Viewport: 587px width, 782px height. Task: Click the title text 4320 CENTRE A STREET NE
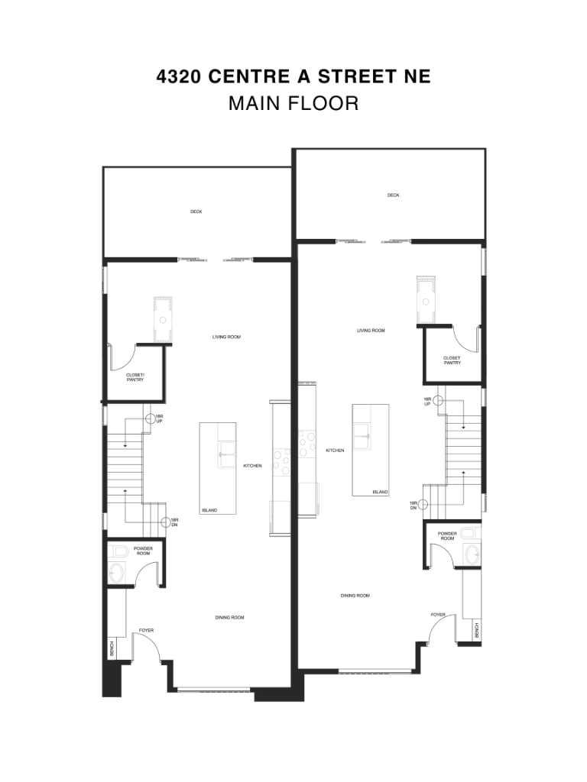pyautogui.click(x=293, y=76)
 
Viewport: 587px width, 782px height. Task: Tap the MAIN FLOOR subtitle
pyautogui.click(x=293, y=103)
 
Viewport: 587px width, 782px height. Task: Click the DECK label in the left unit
pyautogui.click(x=196, y=212)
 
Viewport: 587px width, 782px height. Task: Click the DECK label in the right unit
pyautogui.click(x=393, y=195)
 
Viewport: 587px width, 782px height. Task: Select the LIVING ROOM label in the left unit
pyautogui.click(x=227, y=337)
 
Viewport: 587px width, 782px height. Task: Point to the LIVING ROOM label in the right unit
pyautogui.click(x=371, y=331)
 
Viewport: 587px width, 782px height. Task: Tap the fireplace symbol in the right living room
pyautogui.click(x=426, y=300)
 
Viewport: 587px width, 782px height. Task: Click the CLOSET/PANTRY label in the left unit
pyautogui.click(x=135, y=376)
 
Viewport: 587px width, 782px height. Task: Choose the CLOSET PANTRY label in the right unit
pyautogui.click(x=452, y=360)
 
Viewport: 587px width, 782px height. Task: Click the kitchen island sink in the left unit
pyautogui.click(x=227, y=454)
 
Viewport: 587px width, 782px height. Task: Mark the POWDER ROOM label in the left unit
pyautogui.click(x=143, y=551)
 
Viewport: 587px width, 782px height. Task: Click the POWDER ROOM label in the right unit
pyautogui.click(x=447, y=536)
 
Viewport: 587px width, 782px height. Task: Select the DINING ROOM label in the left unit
pyautogui.click(x=229, y=617)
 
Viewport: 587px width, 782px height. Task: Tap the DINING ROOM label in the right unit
pyautogui.click(x=355, y=596)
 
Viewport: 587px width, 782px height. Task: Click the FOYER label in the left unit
pyautogui.click(x=146, y=631)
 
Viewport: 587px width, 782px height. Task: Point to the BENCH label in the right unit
pyautogui.click(x=477, y=631)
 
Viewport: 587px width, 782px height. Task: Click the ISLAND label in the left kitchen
pyautogui.click(x=209, y=510)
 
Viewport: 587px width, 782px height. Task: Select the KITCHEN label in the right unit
pyautogui.click(x=335, y=451)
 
